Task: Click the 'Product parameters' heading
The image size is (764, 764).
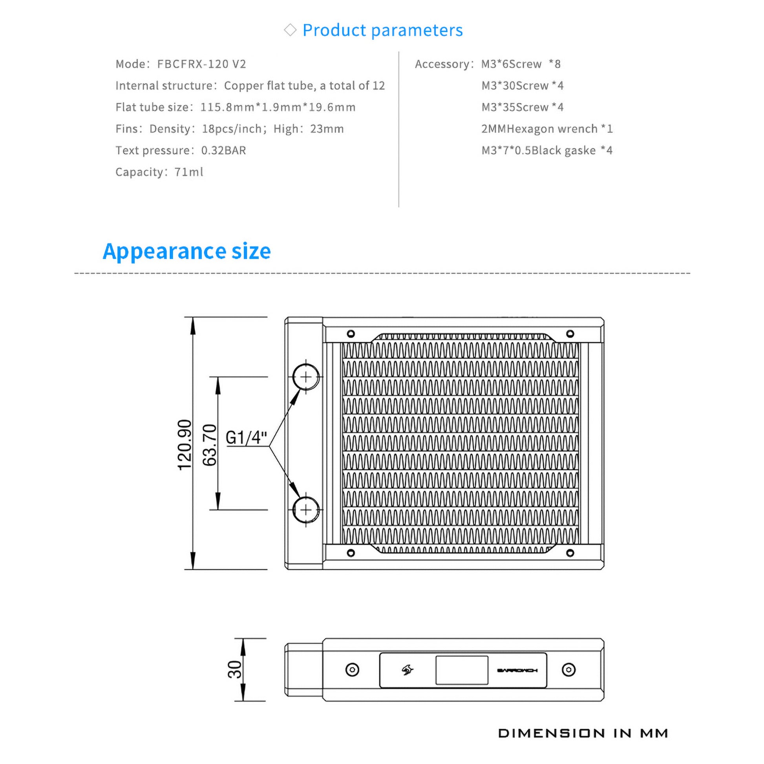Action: [382, 31]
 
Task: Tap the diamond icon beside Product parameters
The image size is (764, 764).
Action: [290, 30]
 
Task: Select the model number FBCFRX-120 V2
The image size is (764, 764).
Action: [202, 64]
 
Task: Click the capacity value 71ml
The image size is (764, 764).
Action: [188, 172]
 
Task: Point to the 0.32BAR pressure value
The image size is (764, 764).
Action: [223, 150]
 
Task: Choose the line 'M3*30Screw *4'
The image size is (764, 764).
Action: [522, 86]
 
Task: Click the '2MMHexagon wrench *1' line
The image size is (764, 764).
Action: [547, 129]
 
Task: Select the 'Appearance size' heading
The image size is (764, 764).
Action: [186, 251]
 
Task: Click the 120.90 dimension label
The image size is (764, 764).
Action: [185, 445]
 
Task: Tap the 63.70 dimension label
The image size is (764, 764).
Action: [210, 445]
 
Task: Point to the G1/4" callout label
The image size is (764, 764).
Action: [246, 437]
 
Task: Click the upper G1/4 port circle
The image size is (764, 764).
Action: [306, 377]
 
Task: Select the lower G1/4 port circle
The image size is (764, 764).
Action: [306, 510]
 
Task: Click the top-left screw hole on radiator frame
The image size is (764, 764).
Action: [351, 334]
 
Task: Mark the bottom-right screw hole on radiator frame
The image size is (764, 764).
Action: [570, 553]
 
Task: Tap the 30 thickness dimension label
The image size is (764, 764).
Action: [234, 669]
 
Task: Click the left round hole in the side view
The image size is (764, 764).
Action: [352, 669]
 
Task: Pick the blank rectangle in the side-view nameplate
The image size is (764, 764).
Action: [461, 670]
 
